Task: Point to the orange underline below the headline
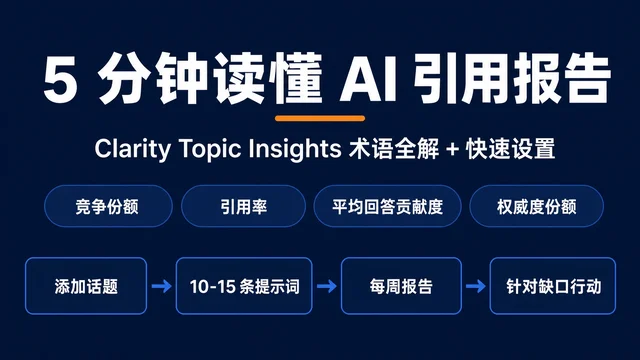point(320,118)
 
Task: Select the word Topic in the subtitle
point(211,149)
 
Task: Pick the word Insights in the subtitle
point(295,149)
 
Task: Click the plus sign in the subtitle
point(452,149)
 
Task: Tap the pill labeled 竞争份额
point(108,206)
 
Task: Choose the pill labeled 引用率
point(243,206)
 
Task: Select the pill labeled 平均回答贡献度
point(387,206)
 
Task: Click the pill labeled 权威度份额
point(536,206)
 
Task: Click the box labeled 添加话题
point(86,286)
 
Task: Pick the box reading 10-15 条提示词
point(244,286)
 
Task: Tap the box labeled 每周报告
point(401,286)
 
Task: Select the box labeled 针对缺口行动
point(553,286)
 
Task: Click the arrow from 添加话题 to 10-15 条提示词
point(162,286)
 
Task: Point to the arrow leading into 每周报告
point(327,286)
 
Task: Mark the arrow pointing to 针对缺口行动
point(476,286)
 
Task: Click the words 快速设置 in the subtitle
point(510,149)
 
